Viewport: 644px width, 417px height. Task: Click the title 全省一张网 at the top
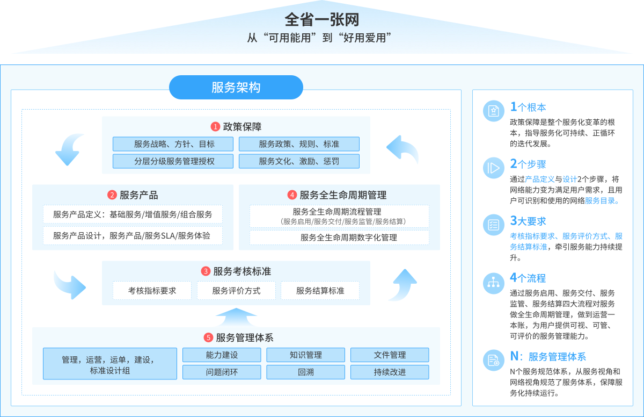coord(321,19)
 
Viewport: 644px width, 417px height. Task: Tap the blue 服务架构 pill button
coord(236,87)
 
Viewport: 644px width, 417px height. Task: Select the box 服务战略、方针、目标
coord(173,144)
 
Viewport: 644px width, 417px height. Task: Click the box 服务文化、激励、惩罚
coord(299,161)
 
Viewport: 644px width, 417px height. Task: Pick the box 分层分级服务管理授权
coord(173,161)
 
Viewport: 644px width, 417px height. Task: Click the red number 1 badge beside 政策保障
coord(215,127)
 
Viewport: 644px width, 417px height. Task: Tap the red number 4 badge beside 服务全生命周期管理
coord(292,195)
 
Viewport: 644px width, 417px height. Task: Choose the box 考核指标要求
coord(152,291)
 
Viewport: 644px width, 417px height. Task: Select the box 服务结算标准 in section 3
coord(320,291)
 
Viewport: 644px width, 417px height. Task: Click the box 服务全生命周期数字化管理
coord(339,238)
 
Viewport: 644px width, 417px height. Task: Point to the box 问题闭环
coord(222,372)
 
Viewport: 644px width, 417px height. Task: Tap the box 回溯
coord(305,372)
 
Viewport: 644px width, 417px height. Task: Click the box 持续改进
coord(390,372)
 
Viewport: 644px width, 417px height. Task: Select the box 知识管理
coord(305,355)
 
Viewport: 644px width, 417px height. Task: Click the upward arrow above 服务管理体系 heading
coord(236,317)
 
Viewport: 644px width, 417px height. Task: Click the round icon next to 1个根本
coord(494,111)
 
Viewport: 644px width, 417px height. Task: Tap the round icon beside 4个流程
coord(494,283)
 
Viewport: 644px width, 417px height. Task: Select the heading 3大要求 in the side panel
coord(528,221)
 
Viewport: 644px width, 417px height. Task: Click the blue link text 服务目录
coord(600,200)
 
